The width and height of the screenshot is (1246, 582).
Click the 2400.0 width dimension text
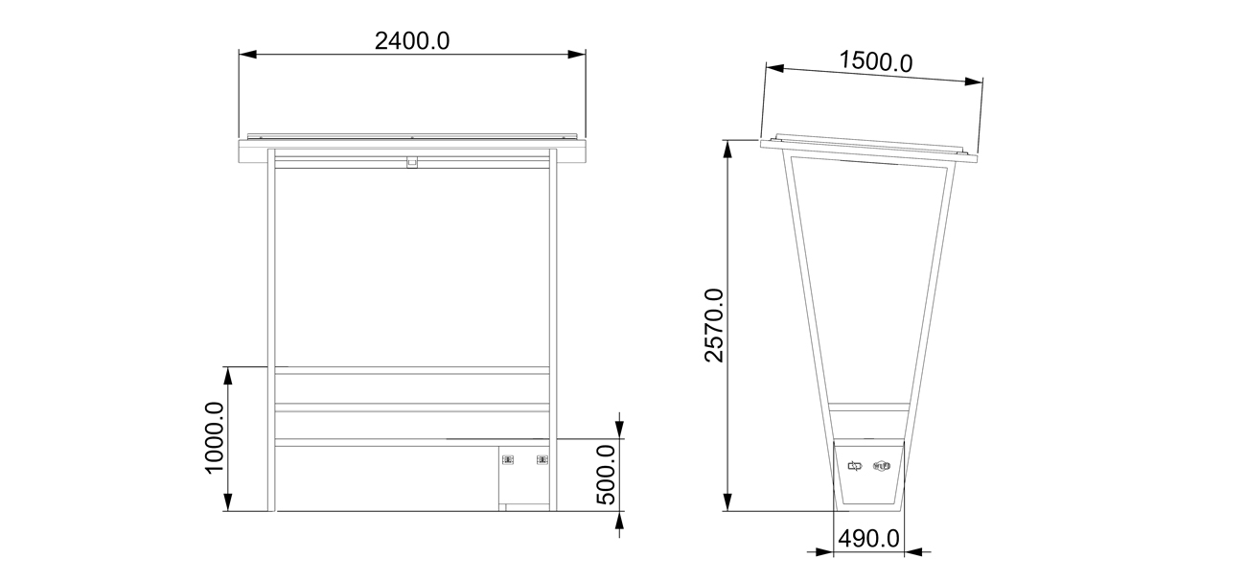point(412,40)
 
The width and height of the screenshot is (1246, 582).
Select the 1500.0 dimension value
point(875,62)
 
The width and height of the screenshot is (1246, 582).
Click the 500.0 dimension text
point(606,475)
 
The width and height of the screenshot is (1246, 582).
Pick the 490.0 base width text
point(869,539)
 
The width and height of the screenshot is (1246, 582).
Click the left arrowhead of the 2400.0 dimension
point(247,55)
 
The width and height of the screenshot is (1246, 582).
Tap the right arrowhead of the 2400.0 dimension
point(577,55)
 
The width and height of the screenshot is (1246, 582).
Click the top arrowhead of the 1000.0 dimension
point(228,375)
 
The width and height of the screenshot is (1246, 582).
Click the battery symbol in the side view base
point(855,466)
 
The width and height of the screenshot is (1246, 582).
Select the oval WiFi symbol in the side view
point(882,466)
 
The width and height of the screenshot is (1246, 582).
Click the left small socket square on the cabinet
point(509,460)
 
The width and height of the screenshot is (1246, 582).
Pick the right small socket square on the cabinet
point(542,460)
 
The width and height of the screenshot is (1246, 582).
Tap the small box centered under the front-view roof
point(411,163)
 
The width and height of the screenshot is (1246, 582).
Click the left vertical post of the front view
point(271,326)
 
